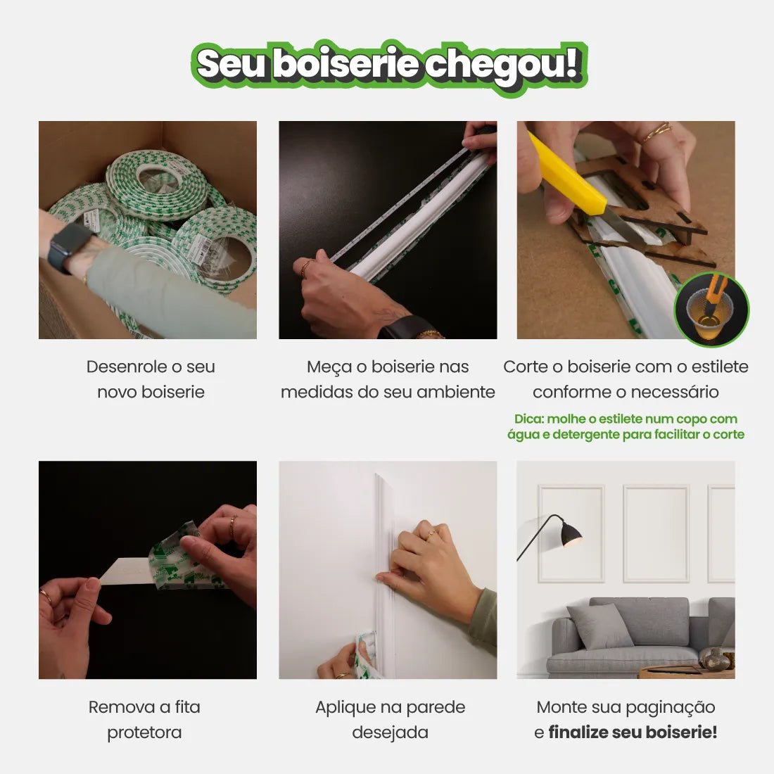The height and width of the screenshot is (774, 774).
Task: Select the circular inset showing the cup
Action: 711,310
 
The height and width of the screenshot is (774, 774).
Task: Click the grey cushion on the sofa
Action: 599,626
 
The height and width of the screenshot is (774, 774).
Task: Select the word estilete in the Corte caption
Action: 715,367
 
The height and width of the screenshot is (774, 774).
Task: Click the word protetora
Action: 144,732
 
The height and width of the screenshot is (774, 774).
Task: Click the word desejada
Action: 390,732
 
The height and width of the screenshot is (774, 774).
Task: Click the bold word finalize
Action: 578,732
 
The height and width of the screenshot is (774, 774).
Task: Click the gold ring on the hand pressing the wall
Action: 430,535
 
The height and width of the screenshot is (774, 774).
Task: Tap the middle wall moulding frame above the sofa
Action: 656,533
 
